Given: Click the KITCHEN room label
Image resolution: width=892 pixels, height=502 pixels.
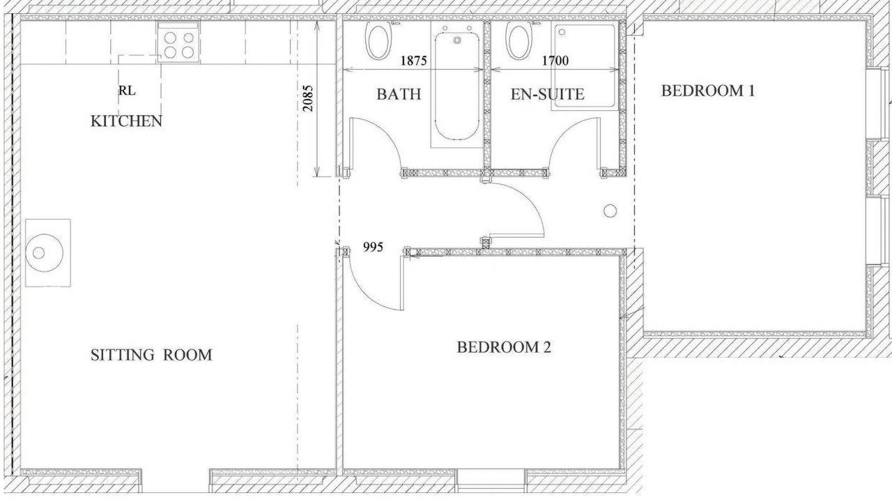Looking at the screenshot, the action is [126, 121].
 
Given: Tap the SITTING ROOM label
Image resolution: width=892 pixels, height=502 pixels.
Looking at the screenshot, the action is [151, 355].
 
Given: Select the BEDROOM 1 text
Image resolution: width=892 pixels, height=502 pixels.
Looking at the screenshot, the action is [708, 91].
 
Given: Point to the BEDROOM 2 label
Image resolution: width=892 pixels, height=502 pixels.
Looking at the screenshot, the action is [504, 347].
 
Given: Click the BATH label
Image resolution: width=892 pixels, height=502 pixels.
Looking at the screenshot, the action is [399, 94].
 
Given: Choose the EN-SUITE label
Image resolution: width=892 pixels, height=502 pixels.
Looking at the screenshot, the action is [548, 94].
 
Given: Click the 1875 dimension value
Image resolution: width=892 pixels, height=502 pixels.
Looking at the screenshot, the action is [413, 61].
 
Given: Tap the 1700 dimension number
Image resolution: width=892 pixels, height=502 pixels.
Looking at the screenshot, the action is [555, 61].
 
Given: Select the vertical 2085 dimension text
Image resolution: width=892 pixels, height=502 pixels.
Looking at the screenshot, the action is [308, 98].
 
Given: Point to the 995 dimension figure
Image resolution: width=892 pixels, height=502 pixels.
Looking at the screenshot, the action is [373, 248].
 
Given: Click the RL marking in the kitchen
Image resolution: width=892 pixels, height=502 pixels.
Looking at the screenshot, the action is [127, 91].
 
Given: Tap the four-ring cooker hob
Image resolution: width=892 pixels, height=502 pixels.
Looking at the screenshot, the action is [179, 43].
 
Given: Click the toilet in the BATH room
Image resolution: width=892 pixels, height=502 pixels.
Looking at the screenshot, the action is [378, 40].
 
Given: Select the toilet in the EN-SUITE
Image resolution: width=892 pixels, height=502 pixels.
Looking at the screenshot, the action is [518, 40].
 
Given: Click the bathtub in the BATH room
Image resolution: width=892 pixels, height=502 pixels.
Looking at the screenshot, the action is [456, 86].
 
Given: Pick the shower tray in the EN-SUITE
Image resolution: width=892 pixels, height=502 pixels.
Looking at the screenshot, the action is [585, 66].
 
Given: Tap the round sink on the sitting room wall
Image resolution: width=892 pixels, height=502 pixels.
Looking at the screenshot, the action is [44, 253].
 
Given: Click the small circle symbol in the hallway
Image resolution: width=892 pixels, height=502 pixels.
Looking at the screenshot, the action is [610, 211].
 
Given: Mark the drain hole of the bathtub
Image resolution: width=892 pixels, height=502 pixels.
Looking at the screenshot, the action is [457, 40].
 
